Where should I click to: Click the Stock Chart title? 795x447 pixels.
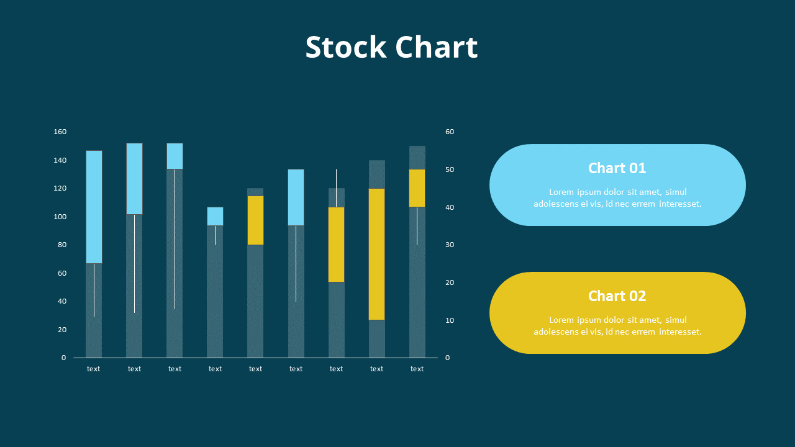391,47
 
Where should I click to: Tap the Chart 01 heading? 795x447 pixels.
617,168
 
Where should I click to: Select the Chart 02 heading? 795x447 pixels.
617,296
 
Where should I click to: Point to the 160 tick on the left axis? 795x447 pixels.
60,132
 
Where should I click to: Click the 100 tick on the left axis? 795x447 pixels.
60,217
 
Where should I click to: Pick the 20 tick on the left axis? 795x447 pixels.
62,330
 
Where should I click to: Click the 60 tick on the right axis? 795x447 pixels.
450,132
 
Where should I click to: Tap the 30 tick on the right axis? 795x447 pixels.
450,245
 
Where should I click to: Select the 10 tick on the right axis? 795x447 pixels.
450,320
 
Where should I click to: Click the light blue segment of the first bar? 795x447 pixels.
94,207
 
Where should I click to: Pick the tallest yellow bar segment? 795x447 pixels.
376,254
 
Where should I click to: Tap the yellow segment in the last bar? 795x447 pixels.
417,188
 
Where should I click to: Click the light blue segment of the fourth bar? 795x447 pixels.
215,216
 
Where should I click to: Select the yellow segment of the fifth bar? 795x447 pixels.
255,220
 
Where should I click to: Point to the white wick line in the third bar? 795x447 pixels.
175,239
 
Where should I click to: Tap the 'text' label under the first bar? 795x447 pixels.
94,369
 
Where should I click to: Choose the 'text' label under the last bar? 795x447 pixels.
417,369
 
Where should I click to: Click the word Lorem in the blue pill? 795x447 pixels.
561,192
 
